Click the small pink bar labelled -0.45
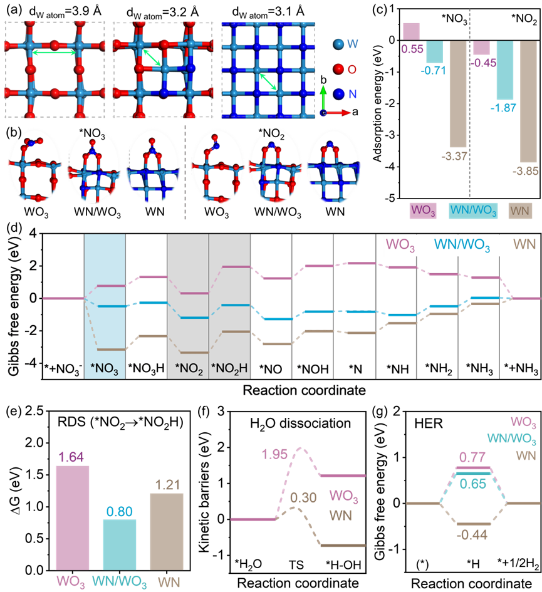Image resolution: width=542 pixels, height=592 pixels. click(481, 47)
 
